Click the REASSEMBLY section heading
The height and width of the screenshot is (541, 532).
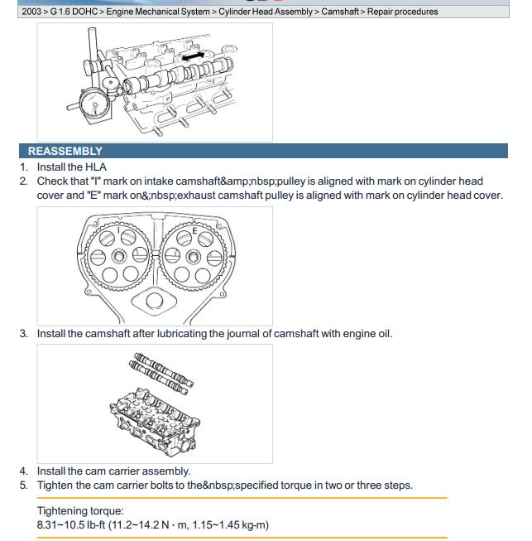(65, 152)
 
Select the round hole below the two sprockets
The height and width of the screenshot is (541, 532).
(155, 302)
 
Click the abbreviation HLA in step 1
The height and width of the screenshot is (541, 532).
(96, 167)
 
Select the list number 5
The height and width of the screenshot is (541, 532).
(24, 485)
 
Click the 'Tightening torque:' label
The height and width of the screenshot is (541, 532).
(80, 511)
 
